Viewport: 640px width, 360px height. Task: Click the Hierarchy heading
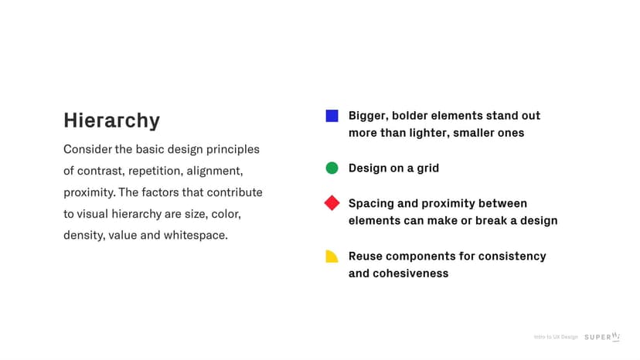[111, 121]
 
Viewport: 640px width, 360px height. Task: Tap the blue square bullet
[332, 116]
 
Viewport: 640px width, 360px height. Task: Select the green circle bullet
[332, 168]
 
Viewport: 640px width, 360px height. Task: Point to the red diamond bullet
[332, 203]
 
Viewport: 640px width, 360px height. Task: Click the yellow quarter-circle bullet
[331, 256]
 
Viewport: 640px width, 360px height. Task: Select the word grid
[427, 168]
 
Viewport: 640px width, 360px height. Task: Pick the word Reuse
[366, 256]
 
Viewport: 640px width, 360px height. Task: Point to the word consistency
[512, 256]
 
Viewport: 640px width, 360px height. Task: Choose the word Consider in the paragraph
[88, 149]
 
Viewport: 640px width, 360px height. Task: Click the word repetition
[155, 171]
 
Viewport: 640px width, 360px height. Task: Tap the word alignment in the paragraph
[215, 171]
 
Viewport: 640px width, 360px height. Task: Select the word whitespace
[196, 236]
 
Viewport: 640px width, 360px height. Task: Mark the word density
[83, 236]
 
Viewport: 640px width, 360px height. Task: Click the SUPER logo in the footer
[602, 337]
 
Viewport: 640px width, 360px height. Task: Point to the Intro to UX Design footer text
[556, 337]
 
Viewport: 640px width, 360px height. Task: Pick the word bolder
[410, 116]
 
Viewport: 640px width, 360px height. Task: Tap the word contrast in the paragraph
[100, 171]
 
